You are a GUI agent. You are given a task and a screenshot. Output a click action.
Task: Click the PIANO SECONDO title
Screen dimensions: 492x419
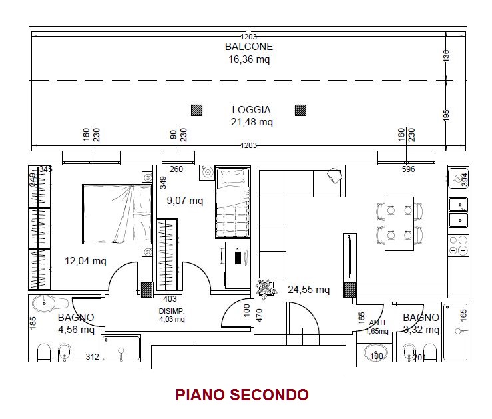pos(242,395)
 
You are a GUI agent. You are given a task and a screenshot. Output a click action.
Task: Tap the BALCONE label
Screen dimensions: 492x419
pos(249,47)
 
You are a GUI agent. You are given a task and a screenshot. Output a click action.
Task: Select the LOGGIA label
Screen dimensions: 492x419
pos(252,109)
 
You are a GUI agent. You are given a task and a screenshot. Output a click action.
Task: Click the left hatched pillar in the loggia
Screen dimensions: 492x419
pos(197,110)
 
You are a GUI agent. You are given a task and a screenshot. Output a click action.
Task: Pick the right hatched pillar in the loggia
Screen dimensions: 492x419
pos(301,110)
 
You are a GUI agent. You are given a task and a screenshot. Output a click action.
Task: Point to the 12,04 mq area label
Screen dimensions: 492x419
pos(85,261)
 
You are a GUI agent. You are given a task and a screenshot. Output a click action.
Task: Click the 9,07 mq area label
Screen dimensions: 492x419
pos(185,201)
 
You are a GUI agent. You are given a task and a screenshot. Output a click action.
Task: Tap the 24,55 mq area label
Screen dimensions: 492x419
pos(308,289)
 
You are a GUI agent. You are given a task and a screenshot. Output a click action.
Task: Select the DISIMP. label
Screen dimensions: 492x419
pos(172,311)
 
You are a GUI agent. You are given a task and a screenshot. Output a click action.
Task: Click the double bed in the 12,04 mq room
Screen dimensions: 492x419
pos(117,214)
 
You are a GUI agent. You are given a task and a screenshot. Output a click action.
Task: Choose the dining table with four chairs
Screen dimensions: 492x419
pos(399,223)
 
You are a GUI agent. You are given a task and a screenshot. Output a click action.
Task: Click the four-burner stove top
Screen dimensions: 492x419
pos(458,245)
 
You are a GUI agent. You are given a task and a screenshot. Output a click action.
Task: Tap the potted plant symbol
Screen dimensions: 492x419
pos(266,288)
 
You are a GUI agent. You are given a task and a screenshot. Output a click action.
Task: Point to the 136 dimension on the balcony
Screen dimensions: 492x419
pos(446,55)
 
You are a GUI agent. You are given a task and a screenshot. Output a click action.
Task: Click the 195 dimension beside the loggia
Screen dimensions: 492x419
pos(446,115)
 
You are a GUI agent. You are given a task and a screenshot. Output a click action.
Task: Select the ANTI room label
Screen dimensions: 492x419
pos(377,322)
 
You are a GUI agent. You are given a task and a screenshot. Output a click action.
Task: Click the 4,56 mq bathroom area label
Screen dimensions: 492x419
pos(77,330)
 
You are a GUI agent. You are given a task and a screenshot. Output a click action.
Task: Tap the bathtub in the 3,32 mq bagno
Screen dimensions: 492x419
pos(455,332)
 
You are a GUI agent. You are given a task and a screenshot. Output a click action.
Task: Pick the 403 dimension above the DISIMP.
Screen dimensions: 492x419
pos(170,299)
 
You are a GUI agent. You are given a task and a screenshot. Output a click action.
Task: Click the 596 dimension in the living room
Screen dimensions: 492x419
pos(408,169)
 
